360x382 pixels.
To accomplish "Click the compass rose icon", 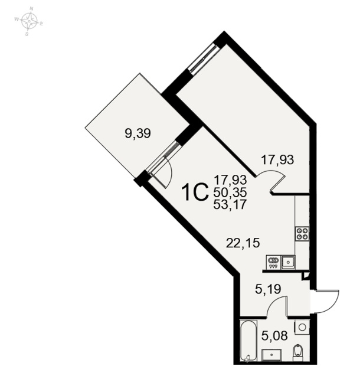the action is (x=30, y=21).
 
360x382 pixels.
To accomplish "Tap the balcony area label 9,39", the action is (x=138, y=133).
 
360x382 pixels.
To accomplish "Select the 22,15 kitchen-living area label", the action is (x=243, y=243).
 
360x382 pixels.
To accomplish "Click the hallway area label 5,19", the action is (x=268, y=289).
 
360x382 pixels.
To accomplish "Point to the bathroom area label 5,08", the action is (x=274, y=336).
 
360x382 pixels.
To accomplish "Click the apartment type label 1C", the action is (x=196, y=192).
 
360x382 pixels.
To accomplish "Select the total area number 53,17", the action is (x=230, y=204).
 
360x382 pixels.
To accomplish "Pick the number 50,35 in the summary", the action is (x=230, y=192).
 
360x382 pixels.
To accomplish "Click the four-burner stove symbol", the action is (x=302, y=233).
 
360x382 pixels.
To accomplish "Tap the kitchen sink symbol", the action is (x=288, y=262).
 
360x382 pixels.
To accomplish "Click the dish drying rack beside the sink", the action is (x=273, y=262).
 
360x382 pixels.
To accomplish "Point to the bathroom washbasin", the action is (x=271, y=355).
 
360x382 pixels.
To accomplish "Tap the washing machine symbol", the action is (x=302, y=327).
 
